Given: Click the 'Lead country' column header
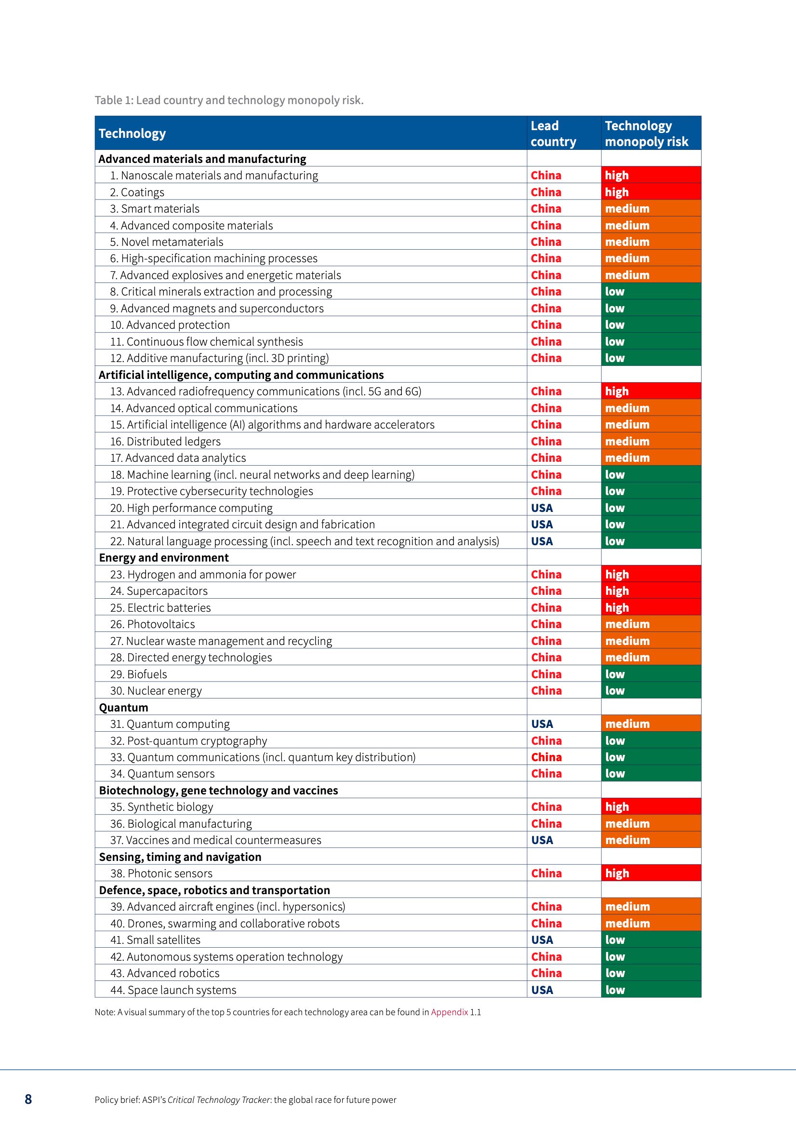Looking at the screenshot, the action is coord(553,134).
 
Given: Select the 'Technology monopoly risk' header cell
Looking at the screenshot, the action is coord(646,134).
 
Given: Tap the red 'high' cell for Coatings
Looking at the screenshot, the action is coord(651,192).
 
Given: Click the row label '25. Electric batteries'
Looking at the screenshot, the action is coord(160,608).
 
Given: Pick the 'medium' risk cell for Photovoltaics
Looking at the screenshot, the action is coord(651,624).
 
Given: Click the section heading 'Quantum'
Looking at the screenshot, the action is coord(124,707).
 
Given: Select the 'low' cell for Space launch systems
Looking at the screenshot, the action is coord(651,990).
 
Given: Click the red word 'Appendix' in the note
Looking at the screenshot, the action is coord(450,1012).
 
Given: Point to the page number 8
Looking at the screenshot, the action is coord(28,1100).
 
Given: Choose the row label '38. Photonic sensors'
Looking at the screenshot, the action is coord(161,873).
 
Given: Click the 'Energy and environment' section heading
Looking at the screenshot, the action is coord(164,558).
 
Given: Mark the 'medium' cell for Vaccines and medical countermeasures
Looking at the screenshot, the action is coord(651,840).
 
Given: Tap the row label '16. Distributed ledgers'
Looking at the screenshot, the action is coord(165,441).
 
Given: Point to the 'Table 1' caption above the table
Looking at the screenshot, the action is coord(229,101).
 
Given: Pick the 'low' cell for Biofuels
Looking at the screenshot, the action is coord(651,674).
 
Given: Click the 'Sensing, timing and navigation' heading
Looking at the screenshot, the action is coord(180,857).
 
